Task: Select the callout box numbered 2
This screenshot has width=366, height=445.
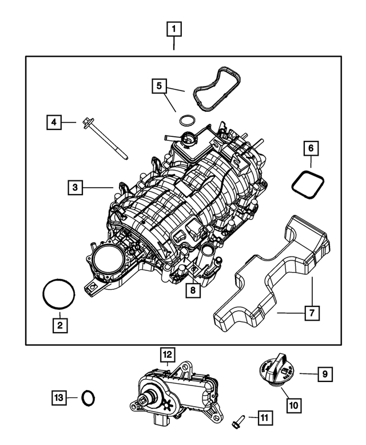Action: [59, 325]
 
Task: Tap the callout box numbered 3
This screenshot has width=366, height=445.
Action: [75, 187]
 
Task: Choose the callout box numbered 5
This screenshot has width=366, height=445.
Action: [160, 86]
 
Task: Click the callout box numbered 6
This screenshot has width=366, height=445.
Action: [311, 149]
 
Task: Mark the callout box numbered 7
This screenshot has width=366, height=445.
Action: [312, 313]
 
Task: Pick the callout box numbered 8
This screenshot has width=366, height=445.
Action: [193, 291]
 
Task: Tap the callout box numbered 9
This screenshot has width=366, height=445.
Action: [324, 375]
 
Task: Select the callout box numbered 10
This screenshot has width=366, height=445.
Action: [292, 405]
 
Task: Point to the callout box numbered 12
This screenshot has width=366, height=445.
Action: [168, 356]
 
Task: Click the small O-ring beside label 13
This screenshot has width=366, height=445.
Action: [89, 396]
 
